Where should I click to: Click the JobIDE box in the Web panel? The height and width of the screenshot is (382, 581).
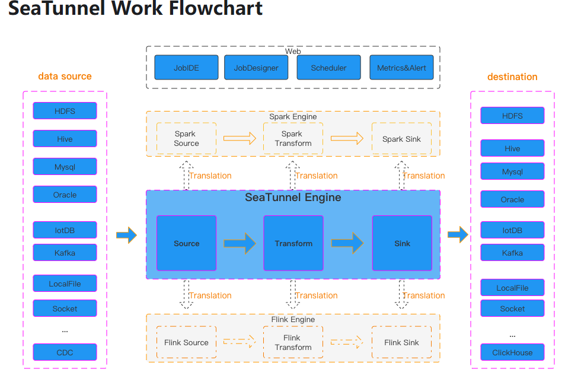point(186,68)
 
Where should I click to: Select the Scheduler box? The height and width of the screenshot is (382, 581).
point(328,68)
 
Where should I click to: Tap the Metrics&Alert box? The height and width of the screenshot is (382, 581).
point(401,68)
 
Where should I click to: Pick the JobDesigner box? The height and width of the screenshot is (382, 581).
point(256,68)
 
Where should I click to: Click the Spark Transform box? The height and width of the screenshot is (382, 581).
point(293,139)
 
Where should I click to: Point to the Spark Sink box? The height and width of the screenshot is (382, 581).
point(401,139)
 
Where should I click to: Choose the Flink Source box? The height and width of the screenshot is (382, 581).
point(186,342)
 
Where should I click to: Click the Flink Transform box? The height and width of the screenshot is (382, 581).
point(293,342)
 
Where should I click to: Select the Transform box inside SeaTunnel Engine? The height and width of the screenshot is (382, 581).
point(293,243)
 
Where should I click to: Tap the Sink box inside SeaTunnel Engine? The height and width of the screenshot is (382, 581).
point(402,243)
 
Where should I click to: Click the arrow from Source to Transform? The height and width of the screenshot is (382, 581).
point(240,243)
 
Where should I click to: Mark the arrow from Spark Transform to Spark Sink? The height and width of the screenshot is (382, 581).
point(347,138)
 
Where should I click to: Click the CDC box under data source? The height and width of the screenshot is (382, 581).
point(65,352)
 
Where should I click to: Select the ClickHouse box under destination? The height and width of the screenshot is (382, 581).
point(512,352)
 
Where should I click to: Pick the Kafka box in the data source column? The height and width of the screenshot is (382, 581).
point(65,253)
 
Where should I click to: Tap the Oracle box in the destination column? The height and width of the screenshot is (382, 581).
point(512,199)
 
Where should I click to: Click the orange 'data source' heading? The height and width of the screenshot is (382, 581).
point(65,76)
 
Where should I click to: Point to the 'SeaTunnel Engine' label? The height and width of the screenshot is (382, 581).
point(293,198)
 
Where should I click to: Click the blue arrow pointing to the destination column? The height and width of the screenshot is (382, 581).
point(457,235)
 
